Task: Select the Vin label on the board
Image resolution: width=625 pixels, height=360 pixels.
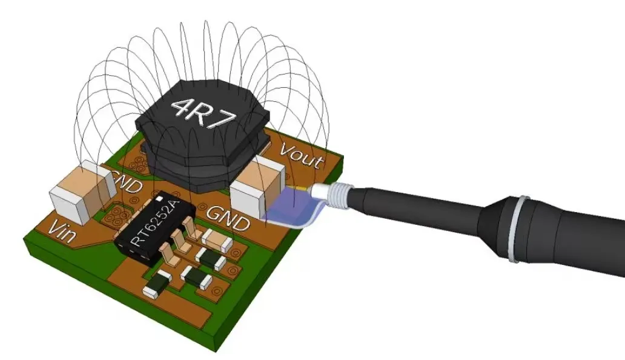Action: pos(62,232)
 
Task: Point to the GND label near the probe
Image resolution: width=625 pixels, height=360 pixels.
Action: pos(228,219)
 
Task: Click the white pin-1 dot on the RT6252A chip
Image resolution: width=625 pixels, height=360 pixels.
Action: pos(159,198)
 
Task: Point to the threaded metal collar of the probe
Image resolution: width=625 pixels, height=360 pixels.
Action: pos(339,196)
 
